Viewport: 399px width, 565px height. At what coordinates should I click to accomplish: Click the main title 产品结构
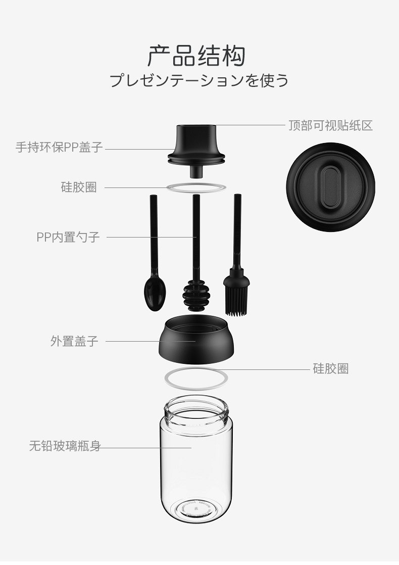pyautogui.click(x=196, y=56)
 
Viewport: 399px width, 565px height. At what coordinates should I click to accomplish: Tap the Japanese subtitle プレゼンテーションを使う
pyautogui.click(x=199, y=80)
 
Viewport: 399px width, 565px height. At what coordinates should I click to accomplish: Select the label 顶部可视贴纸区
pyautogui.click(x=331, y=125)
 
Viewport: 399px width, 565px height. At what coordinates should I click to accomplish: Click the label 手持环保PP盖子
pyautogui.click(x=59, y=147)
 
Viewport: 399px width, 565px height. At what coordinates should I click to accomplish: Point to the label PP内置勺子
pyautogui.click(x=68, y=237)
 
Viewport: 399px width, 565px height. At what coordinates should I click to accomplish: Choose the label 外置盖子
pyautogui.click(x=74, y=341)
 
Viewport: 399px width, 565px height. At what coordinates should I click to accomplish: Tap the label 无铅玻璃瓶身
pyautogui.click(x=65, y=446)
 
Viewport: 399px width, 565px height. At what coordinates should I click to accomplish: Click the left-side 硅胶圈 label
pyautogui.click(x=79, y=187)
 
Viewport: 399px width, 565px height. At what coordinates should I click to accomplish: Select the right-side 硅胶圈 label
pyautogui.click(x=331, y=368)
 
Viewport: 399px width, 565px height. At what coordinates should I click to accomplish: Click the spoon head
pyautogui.click(x=155, y=293)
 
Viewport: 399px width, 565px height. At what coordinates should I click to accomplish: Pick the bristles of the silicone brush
pyautogui.click(x=236, y=301)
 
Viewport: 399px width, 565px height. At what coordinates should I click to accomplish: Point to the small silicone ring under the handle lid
pyautogui.click(x=196, y=183)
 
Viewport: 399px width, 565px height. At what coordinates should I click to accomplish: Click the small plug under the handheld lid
pyautogui.click(x=196, y=171)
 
